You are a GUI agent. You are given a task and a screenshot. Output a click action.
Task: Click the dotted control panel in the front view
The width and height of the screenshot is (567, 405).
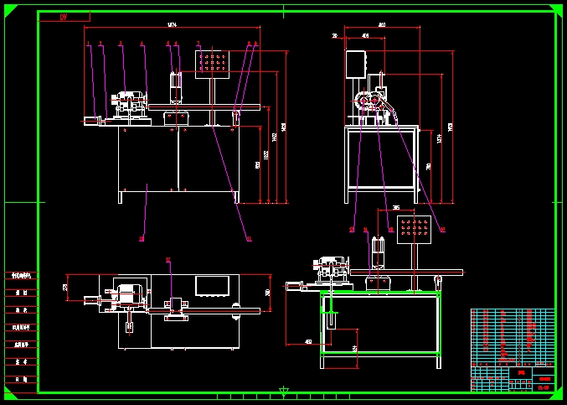212,63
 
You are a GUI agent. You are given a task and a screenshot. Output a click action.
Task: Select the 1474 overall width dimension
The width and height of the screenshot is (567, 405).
172,24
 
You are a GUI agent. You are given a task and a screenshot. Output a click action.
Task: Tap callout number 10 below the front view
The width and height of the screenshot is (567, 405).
142,239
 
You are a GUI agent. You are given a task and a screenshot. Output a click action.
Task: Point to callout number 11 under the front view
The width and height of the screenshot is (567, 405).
248,239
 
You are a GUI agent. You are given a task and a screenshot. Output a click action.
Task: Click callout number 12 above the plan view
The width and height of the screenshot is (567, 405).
168,260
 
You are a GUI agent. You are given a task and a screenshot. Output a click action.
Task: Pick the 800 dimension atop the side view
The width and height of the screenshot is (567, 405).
382,25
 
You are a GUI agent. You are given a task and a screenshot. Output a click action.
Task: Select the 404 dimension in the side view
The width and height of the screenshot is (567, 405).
366,36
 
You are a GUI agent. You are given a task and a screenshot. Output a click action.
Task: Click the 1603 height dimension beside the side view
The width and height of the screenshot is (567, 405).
451,126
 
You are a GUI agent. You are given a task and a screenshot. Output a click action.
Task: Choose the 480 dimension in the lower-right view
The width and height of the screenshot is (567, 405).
307,341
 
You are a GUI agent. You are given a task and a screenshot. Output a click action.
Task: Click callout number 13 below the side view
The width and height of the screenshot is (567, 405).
352,229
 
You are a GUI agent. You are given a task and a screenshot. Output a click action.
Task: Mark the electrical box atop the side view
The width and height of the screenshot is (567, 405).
355,65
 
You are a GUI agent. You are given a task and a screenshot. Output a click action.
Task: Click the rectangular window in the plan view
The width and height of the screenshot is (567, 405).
212,285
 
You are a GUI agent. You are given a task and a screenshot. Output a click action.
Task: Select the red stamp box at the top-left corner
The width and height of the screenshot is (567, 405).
64,17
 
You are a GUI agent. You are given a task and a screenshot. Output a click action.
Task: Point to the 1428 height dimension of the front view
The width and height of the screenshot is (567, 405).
284,126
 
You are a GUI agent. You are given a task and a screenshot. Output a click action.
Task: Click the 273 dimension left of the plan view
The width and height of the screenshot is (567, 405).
65,287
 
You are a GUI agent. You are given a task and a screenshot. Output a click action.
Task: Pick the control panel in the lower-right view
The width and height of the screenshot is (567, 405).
414,227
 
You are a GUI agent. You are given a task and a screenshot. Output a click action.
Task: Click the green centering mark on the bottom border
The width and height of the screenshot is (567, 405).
284,391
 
